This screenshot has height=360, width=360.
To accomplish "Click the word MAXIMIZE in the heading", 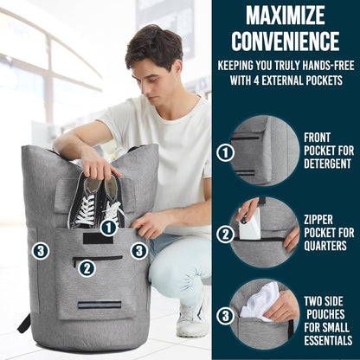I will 286,15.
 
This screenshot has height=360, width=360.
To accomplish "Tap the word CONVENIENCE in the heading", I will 286,41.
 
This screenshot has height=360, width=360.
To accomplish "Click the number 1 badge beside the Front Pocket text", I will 226,153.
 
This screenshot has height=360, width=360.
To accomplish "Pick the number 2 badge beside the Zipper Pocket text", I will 226,234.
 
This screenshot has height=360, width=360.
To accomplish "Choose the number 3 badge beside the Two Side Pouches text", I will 226,315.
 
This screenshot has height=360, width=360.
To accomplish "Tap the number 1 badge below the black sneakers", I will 108,228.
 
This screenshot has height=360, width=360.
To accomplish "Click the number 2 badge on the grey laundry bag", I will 87,267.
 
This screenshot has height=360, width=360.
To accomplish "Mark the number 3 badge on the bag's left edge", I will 41,251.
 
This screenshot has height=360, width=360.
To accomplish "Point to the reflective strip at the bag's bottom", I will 99,305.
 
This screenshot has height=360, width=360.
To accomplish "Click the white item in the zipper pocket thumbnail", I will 250,226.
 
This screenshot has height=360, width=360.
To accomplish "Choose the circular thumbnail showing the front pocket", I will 264,151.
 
